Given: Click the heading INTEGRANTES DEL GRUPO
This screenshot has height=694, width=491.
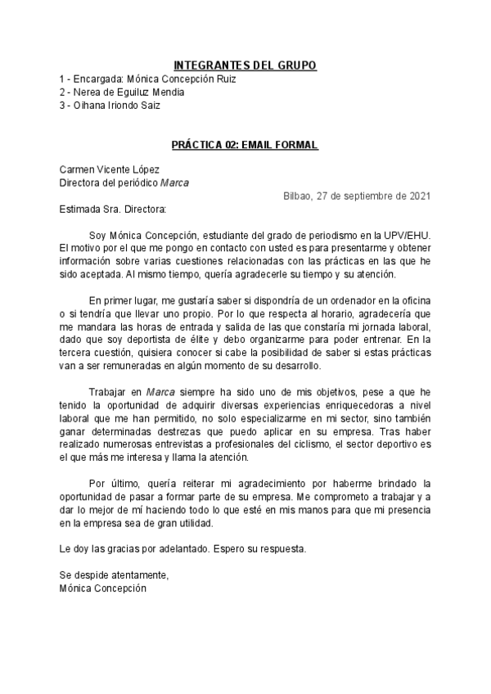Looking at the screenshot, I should coord(245,65).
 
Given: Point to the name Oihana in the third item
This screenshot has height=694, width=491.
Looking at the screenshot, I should coord(88,105).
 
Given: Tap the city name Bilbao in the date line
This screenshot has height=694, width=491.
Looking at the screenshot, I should coord(297,196).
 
